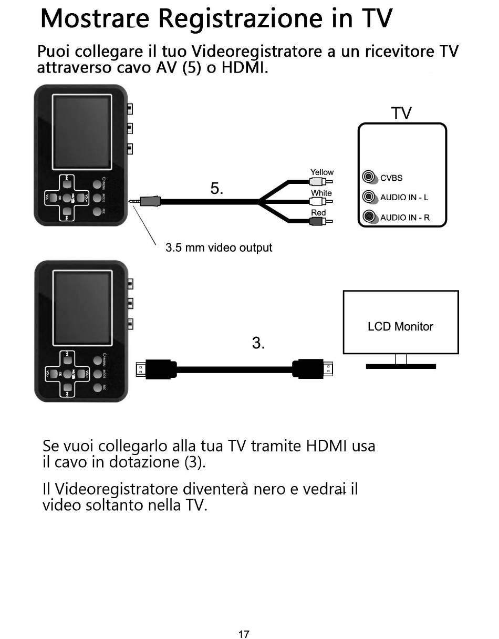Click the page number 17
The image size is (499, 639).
(244, 634)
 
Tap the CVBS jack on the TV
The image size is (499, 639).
(370, 178)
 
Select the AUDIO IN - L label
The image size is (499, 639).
(404, 198)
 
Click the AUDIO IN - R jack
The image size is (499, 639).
(370, 217)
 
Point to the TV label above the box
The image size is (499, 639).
(401, 113)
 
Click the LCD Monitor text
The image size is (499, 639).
(400, 326)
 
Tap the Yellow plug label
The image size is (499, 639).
(321, 172)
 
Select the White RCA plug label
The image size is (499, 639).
(321, 193)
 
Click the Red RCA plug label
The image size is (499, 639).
(318, 213)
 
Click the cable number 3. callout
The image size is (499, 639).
(258, 343)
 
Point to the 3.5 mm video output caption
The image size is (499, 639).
(219, 248)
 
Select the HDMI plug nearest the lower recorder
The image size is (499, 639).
(157, 369)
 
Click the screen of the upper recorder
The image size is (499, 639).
(82, 132)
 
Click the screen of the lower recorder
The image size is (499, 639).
(82, 308)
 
